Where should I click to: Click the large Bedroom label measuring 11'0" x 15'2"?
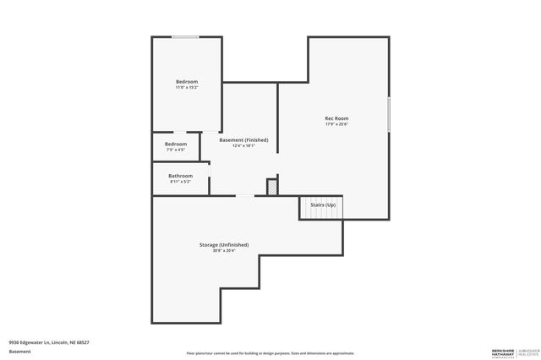click(187, 81)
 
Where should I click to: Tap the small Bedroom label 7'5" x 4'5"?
click(176, 144)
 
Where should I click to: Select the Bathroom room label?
click(180, 175)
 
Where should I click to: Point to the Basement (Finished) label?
click(243, 139)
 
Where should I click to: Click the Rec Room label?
click(336, 118)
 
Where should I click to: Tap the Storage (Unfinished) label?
click(224, 244)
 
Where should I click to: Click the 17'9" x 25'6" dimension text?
click(336, 124)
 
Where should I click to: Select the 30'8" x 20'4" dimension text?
click(224, 250)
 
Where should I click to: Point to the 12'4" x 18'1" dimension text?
click(243, 145)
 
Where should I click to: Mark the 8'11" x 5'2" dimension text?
click(180, 181)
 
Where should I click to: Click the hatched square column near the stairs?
click(272, 187)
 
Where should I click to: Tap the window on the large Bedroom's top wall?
click(186, 37)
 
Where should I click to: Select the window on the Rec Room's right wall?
click(389, 114)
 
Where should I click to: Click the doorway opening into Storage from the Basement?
click(244, 196)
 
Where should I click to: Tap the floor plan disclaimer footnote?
click(270, 353)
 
